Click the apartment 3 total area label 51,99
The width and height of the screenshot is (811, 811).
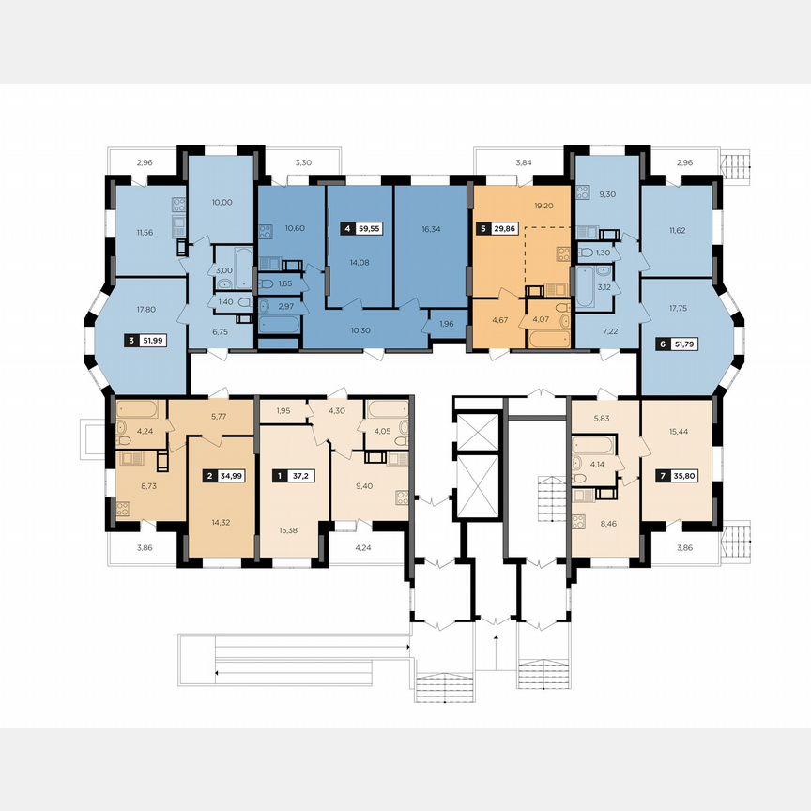pos(153,341)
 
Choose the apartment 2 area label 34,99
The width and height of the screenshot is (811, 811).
pos(229,476)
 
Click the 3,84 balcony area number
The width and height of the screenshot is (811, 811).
pos(523,163)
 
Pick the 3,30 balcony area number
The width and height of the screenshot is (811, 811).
pos(302,163)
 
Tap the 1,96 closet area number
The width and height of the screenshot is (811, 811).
pos(447,325)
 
